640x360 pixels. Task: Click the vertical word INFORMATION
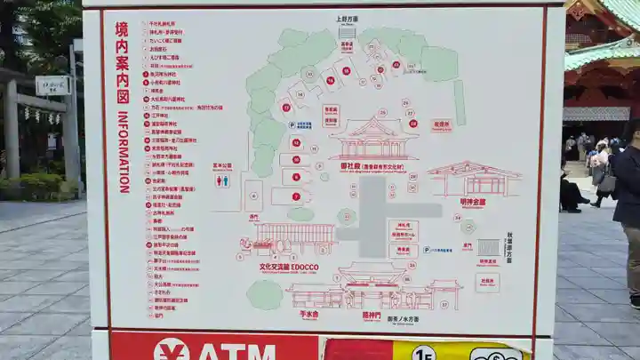pyautogui.click(x=124, y=152)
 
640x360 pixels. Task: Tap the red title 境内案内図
pyautogui.click(x=122, y=61)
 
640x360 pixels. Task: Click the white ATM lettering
pyautogui.click(x=235, y=352)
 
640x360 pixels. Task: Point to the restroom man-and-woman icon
pyautogui.click(x=222, y=180)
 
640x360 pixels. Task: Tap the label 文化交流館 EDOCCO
pyautogui.click(x=288, y=266)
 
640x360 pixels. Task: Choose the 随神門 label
pyautogui.click(x=371, y=314)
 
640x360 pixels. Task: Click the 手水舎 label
pyautogui.click(x=308, y=314)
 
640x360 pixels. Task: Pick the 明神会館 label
pyautogui.click(x=474, y=202)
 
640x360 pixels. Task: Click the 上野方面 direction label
pyautogui.click(x=347, y=19)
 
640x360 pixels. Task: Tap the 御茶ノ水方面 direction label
pyautogui.click(x=404, y=318)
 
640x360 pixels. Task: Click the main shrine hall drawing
pyautogui.click(x=373, y=140)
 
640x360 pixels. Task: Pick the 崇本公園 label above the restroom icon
pyautogui.click(x=222, y=165)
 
